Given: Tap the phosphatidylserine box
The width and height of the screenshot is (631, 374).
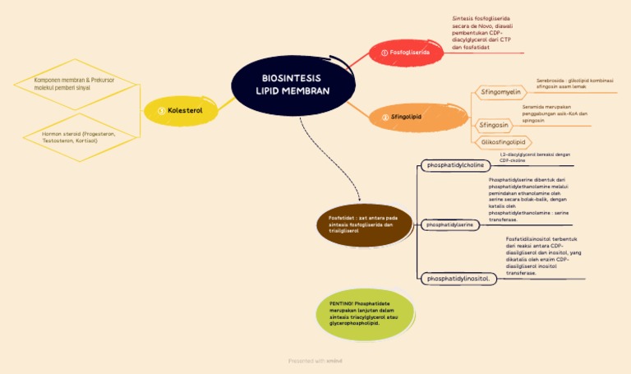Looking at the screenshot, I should coord(449,224).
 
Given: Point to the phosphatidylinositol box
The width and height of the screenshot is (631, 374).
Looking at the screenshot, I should coord(458,279).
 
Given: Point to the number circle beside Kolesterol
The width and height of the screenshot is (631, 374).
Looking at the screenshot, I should coord(161,110).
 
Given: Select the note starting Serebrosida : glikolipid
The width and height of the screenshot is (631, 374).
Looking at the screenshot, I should coord(574,83).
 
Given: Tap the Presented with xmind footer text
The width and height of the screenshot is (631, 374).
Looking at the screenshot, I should coord(315,360).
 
